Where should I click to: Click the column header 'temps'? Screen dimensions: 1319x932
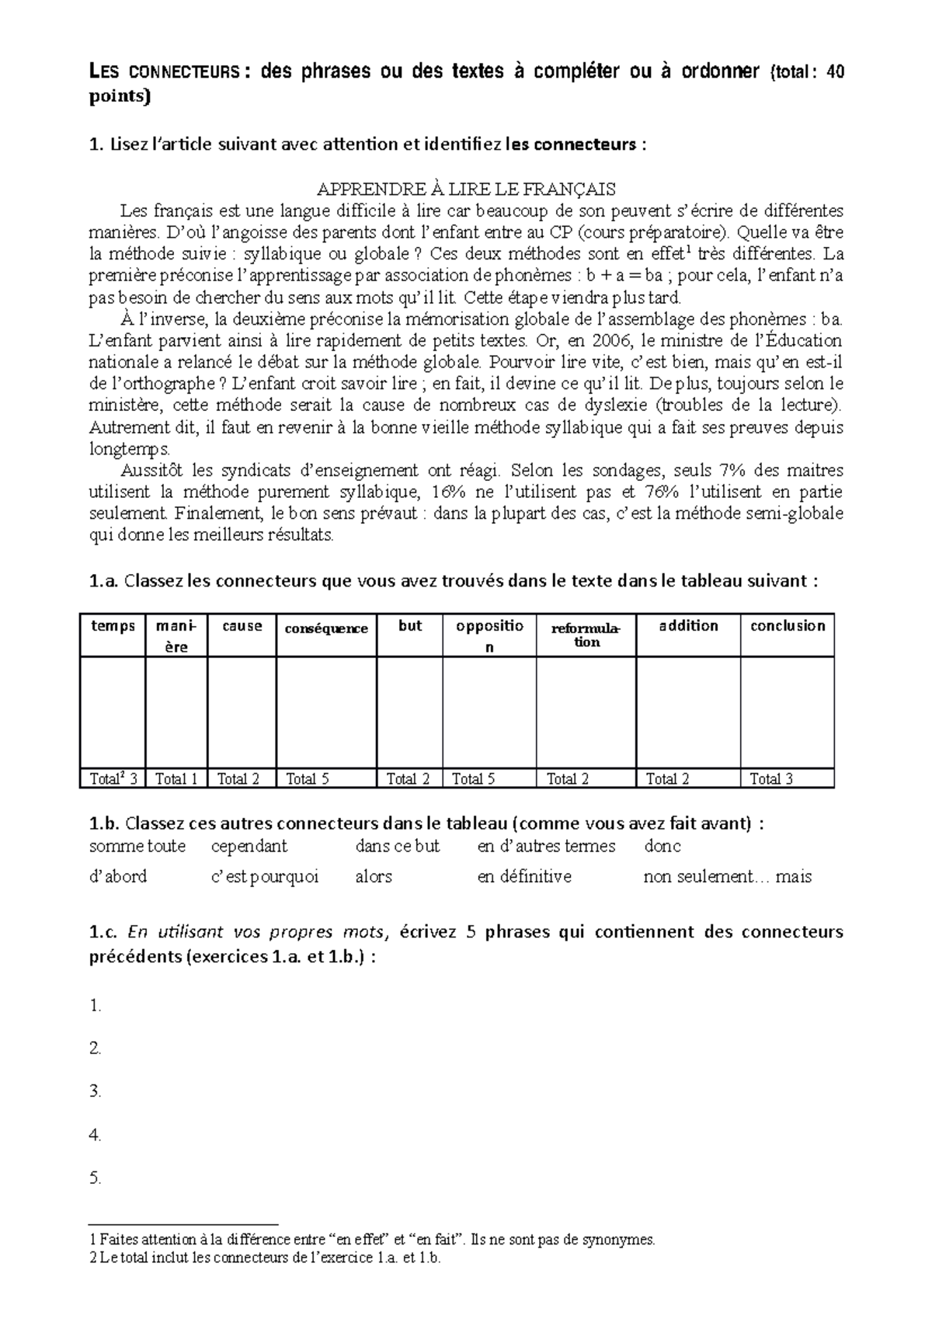(113, 626)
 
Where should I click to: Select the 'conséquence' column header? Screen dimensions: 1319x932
(326, 628)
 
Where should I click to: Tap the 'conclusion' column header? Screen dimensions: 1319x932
(787, 626)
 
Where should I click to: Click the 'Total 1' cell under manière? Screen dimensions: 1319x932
(176, 779)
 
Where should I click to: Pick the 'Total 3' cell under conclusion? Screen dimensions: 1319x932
(787, 779)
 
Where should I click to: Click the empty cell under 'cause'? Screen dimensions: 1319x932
(242, 712)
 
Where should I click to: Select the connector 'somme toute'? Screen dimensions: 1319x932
(137, 846)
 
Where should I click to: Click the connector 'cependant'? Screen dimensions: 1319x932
(249, 846)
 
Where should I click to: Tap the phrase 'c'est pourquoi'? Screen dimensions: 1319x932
(265, 877)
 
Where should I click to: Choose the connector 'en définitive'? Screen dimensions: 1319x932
(524, 877)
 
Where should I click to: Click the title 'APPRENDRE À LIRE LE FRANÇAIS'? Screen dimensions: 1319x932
(467, 189)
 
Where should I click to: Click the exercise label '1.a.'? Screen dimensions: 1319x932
(105, 582)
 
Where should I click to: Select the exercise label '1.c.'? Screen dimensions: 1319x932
(105, 931)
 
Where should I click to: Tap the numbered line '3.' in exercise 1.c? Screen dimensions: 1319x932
(96, 1091)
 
